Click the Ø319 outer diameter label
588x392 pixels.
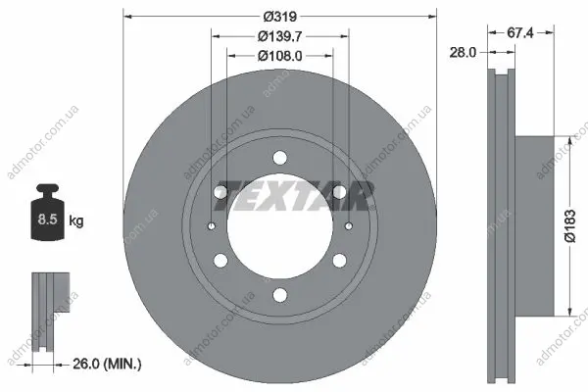coord(279,17)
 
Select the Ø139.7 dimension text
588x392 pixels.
coord(279,36)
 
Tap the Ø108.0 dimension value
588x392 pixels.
coord(279,56)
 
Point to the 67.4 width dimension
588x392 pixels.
coord(519,33)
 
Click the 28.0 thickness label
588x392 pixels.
coord(463,53)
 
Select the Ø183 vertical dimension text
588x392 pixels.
coord(569,225)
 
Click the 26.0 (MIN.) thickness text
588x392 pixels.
coord(107,364)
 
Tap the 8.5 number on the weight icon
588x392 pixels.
coord(47,219)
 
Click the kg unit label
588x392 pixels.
coord(76,220)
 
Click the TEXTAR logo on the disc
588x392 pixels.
coord(294,196)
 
